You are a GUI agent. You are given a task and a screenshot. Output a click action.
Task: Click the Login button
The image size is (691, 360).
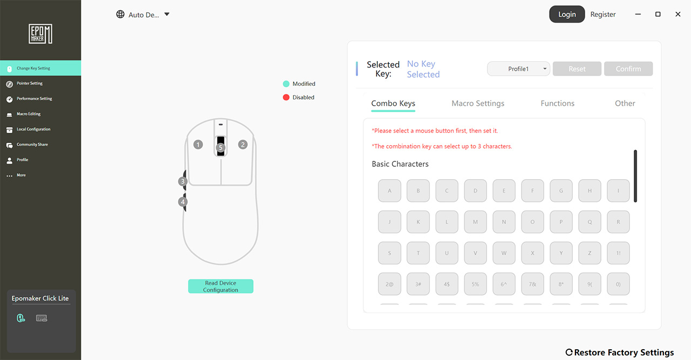(x=567, y=14)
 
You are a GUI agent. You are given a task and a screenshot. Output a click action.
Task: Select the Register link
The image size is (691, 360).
(x=603, y=15)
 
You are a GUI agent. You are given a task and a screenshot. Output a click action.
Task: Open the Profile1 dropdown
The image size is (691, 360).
(x=518, y=69)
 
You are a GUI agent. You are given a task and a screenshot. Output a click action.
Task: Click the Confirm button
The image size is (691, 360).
(x=628, y=69)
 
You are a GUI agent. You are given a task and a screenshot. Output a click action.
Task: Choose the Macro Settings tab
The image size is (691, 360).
(x=478, y=103)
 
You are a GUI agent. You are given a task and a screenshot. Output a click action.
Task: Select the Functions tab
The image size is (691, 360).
(x=558, y=103)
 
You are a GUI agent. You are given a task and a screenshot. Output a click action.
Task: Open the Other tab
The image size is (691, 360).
(x=625, y=103)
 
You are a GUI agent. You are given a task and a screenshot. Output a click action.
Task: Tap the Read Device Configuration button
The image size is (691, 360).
(x=221, y=286)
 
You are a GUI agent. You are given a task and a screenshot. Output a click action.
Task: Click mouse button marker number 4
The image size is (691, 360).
(x=182, y=202)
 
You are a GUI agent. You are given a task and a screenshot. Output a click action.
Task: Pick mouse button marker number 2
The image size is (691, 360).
(x=243, y=144)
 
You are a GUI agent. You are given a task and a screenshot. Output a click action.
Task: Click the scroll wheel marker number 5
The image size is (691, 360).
(x=221, y=147)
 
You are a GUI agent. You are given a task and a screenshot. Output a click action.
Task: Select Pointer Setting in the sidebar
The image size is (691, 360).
(x=30, y=83)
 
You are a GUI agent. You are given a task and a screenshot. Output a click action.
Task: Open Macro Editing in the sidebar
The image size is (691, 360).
(x=29, y=114)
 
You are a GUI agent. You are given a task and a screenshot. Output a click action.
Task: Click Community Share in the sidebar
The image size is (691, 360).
(x=32, y=144)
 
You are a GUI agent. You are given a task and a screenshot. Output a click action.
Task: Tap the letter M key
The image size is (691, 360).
(x=476, y=222)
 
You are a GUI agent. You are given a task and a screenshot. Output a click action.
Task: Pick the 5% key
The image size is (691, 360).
(x=476, y=284)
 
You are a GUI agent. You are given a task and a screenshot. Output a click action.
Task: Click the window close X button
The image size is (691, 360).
(x=678, y=14)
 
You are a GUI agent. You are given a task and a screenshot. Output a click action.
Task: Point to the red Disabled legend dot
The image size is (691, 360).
(x=286, y=98)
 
